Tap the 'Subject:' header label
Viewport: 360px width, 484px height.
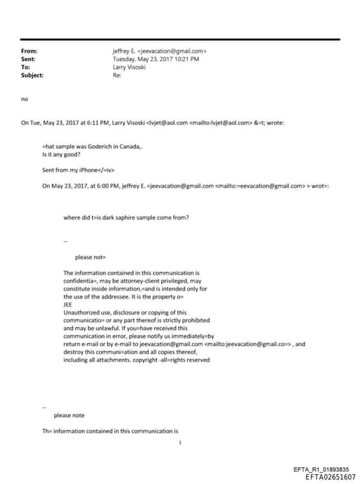[x=32, y=75]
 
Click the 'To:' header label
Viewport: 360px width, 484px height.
[x=25, y=67]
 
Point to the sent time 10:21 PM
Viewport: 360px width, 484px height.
[x=186, y=59]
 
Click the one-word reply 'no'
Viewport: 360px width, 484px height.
[x=25, y=99]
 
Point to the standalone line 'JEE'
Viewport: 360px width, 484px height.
[x=68, y=305]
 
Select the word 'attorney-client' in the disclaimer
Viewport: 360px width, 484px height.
[x=137, y=279]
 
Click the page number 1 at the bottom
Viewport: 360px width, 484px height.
[x=181, y=442]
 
